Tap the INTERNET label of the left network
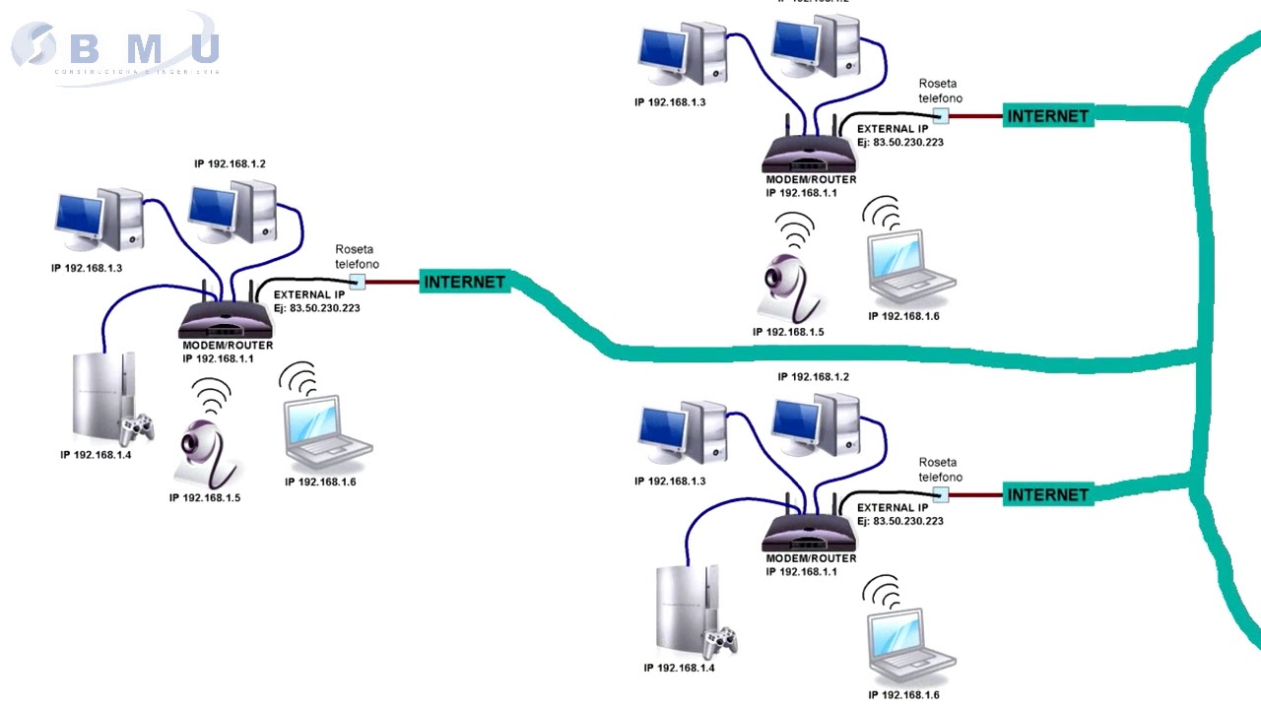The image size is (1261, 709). coord(464,282)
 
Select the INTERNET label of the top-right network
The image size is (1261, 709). coord(1047,115)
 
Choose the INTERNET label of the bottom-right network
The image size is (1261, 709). coord(1047,494)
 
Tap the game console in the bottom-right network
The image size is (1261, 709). coord(686,611)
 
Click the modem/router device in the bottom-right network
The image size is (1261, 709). coord(810,532)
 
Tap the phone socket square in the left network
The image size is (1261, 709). coord(357,282)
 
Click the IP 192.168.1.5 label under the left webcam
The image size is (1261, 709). coord(205,498)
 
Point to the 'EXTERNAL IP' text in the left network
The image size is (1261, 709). coord(309,294)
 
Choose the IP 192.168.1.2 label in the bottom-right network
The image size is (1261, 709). coord(813,377)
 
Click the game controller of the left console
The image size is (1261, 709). coord(138,427)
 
